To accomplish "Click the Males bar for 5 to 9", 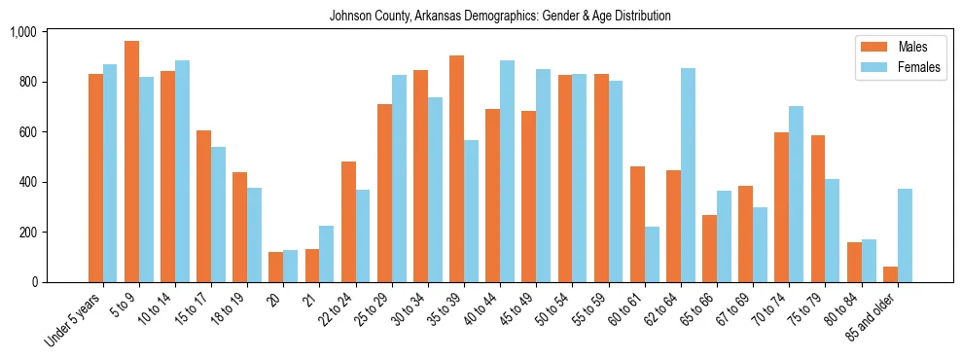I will [x=131, y=162].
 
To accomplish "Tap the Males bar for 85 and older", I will [x=890, y=274].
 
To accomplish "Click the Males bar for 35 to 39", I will [x=456, y=168].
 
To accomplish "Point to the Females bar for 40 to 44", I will [x=507, y=171].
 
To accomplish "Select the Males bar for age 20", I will [x=276, y=268].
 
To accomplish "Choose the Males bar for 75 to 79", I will [x=818, y=208].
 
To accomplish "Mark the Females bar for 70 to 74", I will [x=796, y=194].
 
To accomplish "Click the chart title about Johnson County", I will [x=500, y=17].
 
